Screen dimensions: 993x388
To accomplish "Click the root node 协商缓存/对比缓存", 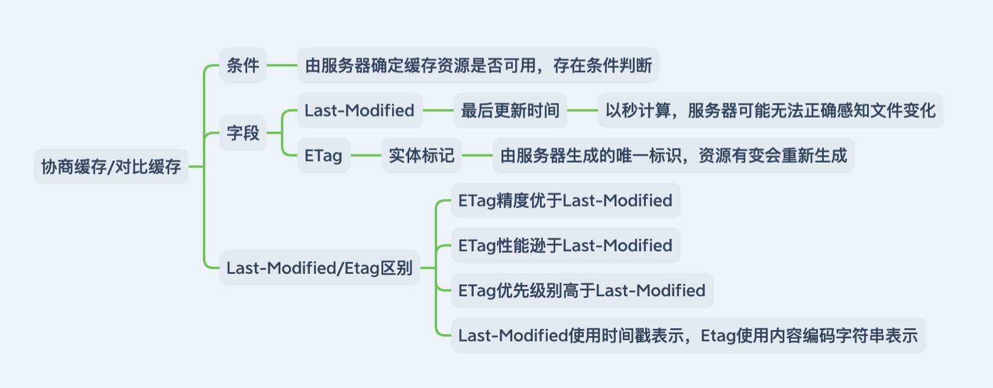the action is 111,167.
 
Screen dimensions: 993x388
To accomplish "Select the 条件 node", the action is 243,65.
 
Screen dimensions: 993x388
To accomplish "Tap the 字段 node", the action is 243,132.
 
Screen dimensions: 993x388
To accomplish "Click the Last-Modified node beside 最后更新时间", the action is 360,111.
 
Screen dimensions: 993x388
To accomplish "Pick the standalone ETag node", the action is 324,155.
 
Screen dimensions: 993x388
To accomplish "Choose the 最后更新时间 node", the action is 510,111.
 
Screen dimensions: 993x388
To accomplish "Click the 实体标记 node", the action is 422,155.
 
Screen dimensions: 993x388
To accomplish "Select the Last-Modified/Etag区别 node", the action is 319,268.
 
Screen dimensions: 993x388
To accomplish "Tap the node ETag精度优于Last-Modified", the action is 565,201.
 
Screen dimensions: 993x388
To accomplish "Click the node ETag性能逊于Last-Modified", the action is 565,245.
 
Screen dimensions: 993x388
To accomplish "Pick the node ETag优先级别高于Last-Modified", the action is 582,290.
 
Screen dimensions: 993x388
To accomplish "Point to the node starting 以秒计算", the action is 771,111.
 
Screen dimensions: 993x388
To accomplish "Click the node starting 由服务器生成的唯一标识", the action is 674,155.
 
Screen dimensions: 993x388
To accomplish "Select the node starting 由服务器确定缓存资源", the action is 478,65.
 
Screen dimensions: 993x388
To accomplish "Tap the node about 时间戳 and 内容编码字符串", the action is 688,335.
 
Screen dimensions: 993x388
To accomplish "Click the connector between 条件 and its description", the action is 282,65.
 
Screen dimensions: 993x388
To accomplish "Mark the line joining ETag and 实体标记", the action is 366,155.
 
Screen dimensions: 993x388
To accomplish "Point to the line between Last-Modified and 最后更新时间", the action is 438,111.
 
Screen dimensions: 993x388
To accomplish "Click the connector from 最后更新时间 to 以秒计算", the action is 583,111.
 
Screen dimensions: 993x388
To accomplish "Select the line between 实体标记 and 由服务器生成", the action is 477,155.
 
